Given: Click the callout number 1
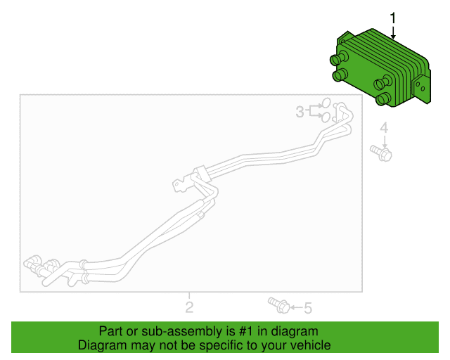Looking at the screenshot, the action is [x=393, y=18].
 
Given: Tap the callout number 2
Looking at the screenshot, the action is [x=189, y=307].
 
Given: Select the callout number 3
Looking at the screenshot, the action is [x=300, y=112].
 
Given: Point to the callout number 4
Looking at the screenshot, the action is [x=384, y=128].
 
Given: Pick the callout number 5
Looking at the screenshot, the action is [x=308, y=309].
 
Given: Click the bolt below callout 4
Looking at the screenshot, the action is [x=381, y=153].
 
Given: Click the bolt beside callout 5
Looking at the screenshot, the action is [x=279, y=305].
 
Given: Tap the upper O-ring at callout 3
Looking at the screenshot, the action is [x=326, y=103].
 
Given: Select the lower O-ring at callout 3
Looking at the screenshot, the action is [x=326, y=117].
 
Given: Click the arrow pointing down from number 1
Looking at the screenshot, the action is [x=393, y=32].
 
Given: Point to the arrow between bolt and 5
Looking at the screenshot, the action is [x=296, y=308].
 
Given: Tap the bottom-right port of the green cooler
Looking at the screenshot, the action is [x=383, y=98].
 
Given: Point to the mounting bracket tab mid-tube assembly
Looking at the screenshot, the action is [x=181, y=185].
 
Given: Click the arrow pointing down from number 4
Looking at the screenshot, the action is [x=385, y=141].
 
